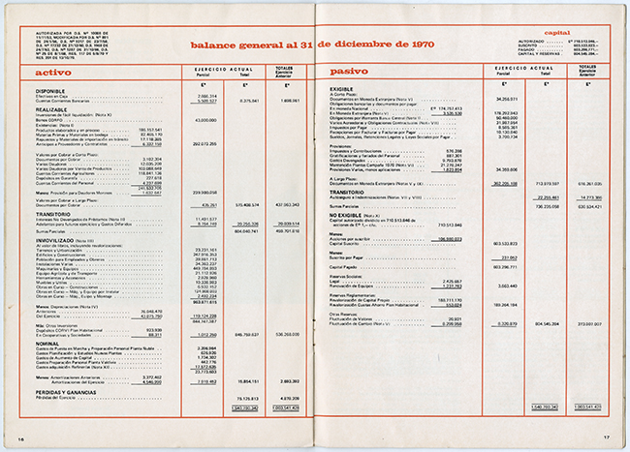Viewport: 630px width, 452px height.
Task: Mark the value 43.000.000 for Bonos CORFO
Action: click(x=204, y=120)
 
